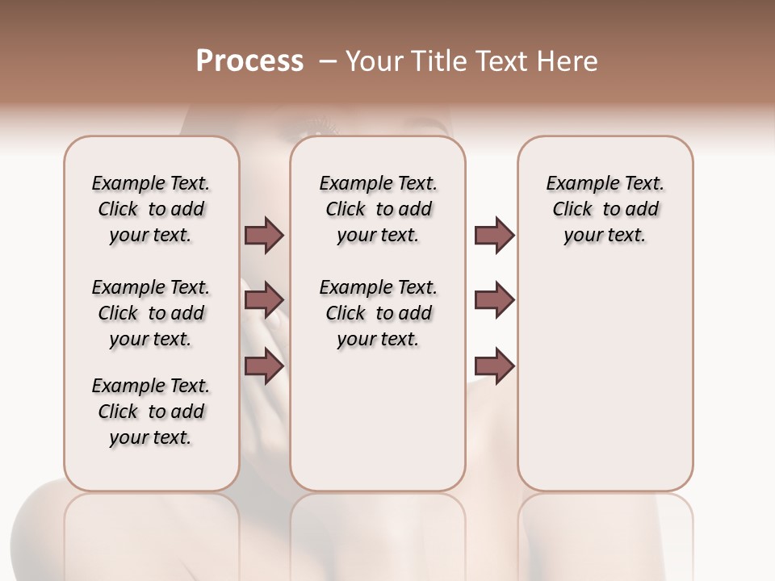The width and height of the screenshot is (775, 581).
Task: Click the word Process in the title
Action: click(249, 61)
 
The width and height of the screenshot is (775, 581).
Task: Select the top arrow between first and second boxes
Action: click(264, 235)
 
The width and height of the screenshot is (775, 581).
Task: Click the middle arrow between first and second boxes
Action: click(264, 300)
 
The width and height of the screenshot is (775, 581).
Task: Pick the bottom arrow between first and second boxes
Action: click(264, 366)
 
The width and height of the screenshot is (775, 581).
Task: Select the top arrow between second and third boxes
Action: click(494, 235)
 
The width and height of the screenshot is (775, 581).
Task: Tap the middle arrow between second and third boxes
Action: click(494, 300)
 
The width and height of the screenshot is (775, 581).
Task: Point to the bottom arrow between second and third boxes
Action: click(494, 366)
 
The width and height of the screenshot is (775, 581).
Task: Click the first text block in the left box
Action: click(151, 209)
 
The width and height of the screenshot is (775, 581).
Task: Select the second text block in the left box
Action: click(151, 313)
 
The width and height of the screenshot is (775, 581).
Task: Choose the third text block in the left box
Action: click(151, 412)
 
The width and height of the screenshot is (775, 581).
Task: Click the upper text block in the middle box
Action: click(378, 209)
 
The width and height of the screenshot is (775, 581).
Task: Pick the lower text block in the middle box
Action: click(378, 313)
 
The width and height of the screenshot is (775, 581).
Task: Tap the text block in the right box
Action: click(605, 209)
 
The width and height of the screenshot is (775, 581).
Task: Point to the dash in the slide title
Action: click(329, 61)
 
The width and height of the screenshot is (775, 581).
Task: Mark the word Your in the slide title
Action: click(374, 61)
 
